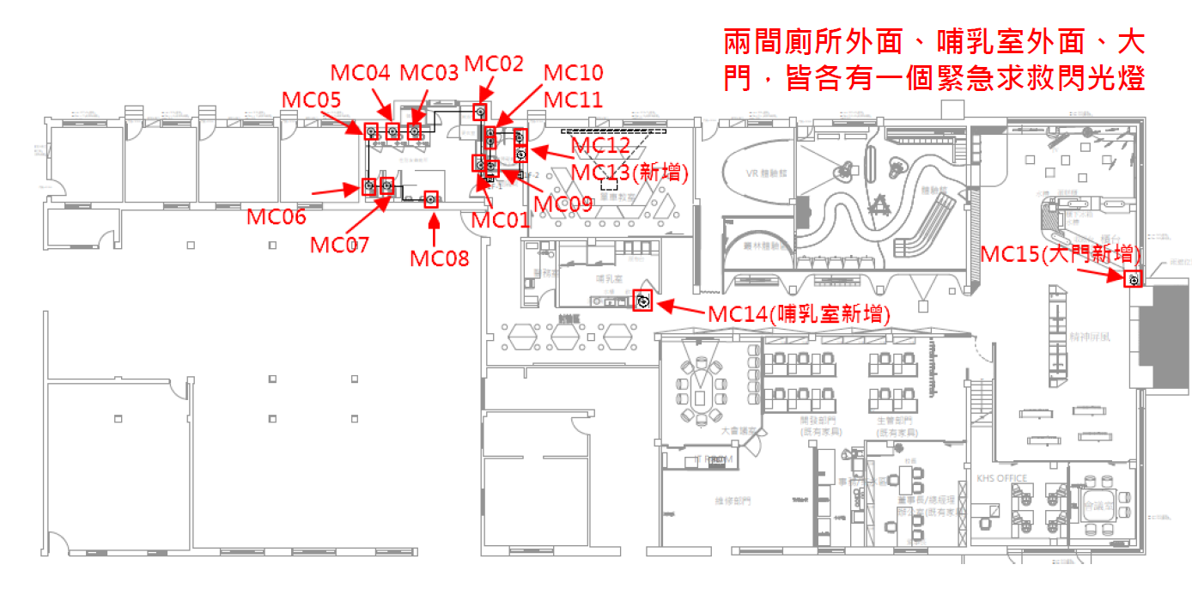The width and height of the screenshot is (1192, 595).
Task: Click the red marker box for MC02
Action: [480, 112]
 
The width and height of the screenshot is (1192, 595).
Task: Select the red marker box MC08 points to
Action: [431, 199]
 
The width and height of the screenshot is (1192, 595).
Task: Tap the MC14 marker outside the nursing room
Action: [642, 301]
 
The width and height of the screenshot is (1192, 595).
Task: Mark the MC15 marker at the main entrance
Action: [1134, 279]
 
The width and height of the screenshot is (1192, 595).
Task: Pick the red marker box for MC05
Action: [371, 131]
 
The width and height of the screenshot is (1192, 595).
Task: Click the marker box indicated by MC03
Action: [414, 131]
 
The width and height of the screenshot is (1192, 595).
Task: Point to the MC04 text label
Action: [361, 73]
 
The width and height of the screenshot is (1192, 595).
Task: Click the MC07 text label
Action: [339, 245]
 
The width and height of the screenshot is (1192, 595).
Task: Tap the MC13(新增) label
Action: [630, 172]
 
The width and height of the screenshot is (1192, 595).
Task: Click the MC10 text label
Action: [574, 73]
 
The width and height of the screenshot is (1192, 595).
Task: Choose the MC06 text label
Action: [276, 217]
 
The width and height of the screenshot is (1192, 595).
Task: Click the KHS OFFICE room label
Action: [1001, 478]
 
